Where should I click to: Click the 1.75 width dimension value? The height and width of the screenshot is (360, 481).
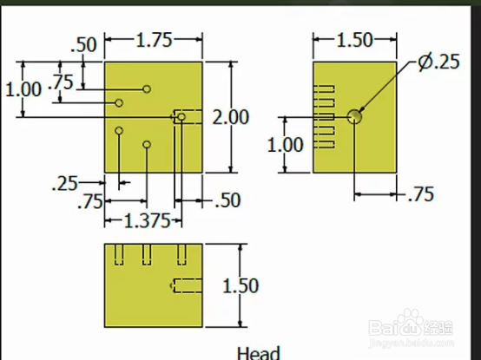click(x=154, y=40)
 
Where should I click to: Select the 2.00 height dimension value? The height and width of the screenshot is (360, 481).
click(x=231, y=117)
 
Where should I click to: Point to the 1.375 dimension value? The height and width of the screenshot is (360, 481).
click(x=147, y=220)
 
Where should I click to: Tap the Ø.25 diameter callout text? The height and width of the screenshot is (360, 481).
click(x=439, y=62)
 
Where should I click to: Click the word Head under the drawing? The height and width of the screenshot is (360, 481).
click(x=259, y=353)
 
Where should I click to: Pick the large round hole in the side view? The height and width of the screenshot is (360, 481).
click(x=354, y=116)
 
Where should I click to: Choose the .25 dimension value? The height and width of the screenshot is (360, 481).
click(x=65, y=184)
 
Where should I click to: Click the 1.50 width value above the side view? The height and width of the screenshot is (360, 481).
click(x=355, y=40)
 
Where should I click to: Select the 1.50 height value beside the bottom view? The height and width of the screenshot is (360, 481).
click(x=240, y=286)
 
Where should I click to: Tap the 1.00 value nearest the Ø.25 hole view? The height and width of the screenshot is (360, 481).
click(x=286, y=145)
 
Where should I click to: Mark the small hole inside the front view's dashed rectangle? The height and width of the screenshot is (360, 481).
click(x=181, y=117)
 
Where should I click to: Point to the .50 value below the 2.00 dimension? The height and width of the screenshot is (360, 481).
click(x=227, y=200)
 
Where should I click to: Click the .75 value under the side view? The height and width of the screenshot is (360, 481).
click(x=421, y=194)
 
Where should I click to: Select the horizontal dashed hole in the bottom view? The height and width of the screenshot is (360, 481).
click(x=188, y=285)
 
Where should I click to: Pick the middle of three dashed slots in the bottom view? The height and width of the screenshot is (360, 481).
click(x=147, y=254)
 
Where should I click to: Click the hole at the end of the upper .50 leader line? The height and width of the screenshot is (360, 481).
click(x=147, y=89)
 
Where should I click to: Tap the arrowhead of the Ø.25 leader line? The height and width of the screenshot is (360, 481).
click(x=361, y=109)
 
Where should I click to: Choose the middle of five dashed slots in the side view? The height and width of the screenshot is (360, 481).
click(x=324, y=117)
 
